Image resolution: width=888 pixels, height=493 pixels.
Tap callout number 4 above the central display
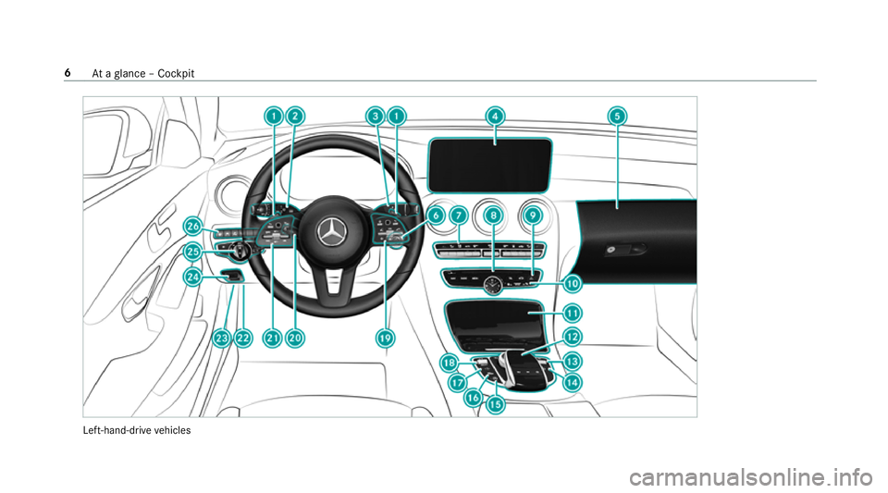click(495, 117)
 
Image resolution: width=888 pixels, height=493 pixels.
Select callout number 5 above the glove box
click(617, 117)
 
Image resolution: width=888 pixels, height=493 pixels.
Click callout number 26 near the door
click(193, 227)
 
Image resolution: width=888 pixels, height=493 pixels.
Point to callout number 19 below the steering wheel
click(385, 339)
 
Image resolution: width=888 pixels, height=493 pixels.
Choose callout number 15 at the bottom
click(496, 405)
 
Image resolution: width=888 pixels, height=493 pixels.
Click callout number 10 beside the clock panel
click(573, 283)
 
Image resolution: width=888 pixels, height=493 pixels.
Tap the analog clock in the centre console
click(493, 285)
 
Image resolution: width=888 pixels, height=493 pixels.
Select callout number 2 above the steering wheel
click(294, 117)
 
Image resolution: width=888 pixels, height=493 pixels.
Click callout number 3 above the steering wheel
click(376, 117)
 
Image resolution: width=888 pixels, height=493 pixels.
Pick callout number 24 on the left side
click(193, 277)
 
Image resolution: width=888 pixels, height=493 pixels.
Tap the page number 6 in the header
click(68, 73)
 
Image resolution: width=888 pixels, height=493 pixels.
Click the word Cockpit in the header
click(176, 74)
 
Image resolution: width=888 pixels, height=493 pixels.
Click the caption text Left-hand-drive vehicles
click(137, 430)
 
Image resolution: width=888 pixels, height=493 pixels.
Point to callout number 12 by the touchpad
click(573, 337)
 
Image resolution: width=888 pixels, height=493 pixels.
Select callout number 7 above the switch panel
click(458, 216)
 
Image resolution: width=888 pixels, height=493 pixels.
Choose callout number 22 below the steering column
click(243, 339)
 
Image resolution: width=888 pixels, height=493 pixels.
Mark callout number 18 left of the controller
click(450, 363)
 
